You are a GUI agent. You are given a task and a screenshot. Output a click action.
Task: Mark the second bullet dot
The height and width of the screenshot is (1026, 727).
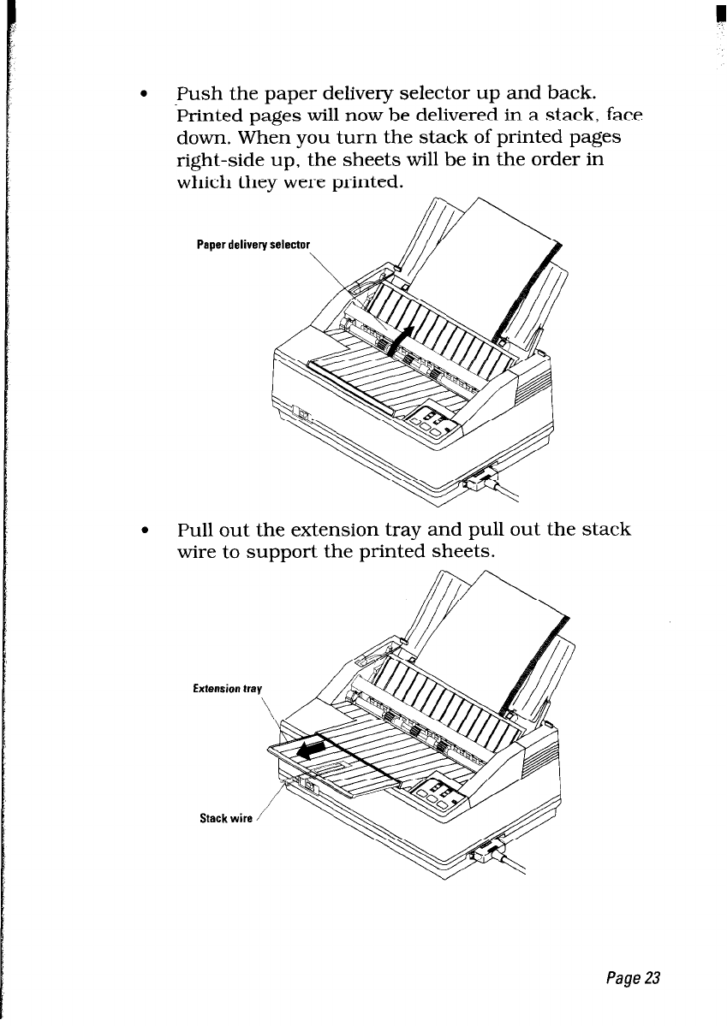(152, 531)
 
